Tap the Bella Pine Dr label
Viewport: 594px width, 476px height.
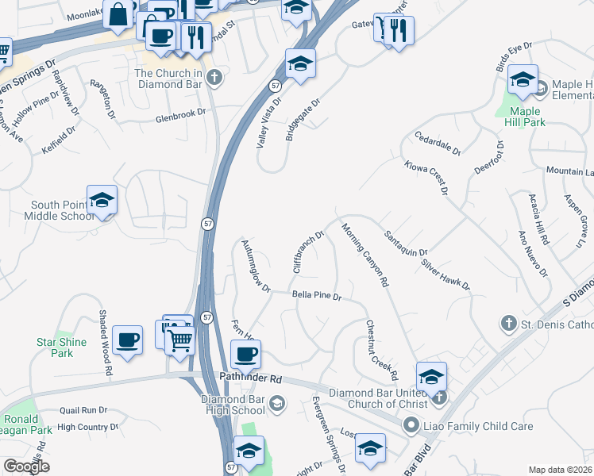click(x=316, y=296)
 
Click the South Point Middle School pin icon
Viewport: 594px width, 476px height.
click(x=102, y=202)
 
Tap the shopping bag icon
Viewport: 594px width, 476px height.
click(x=118, y=14)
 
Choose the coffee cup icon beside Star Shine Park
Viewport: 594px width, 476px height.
click(x=128, y=340)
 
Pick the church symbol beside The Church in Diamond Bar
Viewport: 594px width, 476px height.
click(x=214, y=78)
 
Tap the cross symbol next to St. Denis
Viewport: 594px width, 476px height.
click(x=508, y=323)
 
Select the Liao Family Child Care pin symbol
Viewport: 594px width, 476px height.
click(x=411, y=426)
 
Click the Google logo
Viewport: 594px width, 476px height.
click(x=26, y=466)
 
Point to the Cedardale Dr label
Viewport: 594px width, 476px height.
click(x=437, y=143)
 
